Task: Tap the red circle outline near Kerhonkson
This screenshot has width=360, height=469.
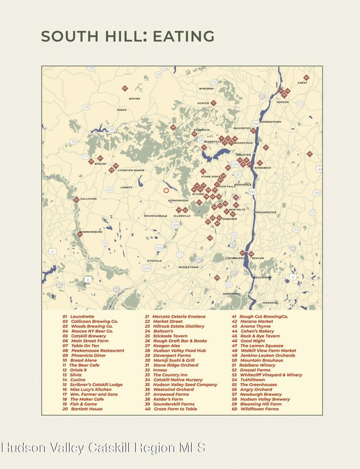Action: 166,191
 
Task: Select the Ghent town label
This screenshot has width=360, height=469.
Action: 302,83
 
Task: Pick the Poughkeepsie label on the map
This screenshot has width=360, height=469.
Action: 265,212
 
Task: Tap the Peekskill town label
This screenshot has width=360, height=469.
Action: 270,302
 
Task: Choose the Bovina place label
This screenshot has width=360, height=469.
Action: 134,98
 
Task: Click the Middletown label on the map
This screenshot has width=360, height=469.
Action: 188,267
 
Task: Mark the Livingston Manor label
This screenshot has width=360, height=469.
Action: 131,170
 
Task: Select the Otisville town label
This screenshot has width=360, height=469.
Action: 155,261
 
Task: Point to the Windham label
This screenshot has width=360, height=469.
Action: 206,89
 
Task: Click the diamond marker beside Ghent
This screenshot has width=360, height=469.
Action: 306,78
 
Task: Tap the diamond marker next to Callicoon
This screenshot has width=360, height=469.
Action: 76,200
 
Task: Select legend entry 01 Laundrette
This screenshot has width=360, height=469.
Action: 78,317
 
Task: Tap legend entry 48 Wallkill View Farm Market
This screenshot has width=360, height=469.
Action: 263,351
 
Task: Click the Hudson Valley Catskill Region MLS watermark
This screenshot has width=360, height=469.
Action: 103,448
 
